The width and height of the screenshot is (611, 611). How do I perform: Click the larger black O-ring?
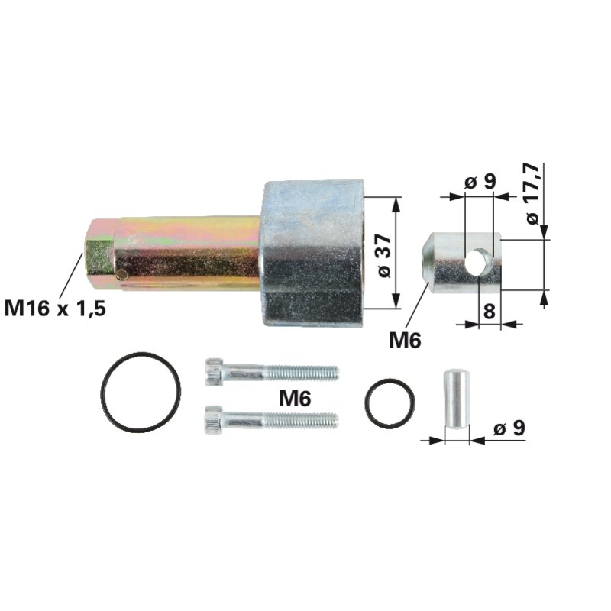click(141, 392)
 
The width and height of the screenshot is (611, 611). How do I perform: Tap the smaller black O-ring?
click(390, 402)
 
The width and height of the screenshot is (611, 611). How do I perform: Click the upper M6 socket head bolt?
click(271, 372)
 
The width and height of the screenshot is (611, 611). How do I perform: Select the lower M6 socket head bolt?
click(271, 419)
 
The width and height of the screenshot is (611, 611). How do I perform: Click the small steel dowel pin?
click(455, 399)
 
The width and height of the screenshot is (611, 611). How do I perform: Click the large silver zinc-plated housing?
click(312, 252)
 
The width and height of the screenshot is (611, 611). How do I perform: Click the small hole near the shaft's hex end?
click(121, 273)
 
